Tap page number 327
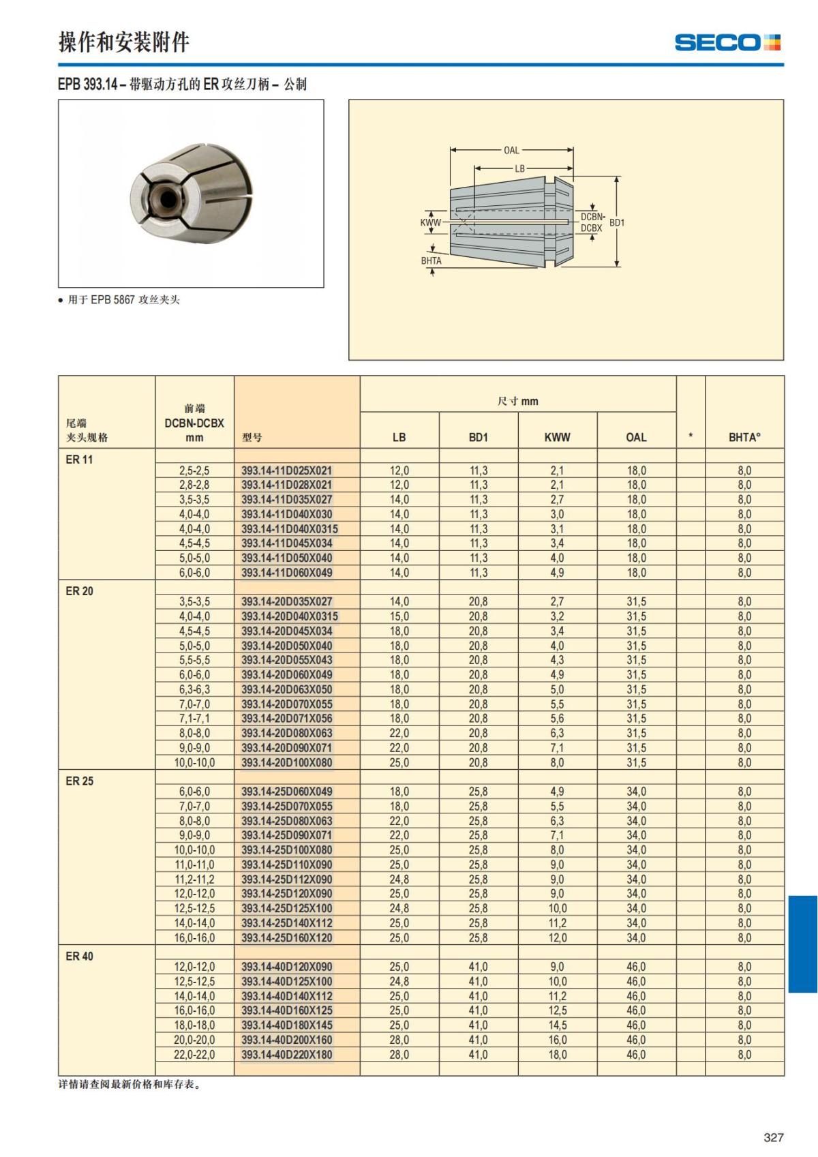pos(774,1137)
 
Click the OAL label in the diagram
pos(511,150)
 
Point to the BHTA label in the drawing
pos(431,260)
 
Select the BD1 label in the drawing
pos(617,222)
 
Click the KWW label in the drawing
pos(431,222)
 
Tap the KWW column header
pos(557,437)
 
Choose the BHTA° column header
pos(744,437)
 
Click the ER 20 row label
pos(80,591)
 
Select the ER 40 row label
pos(80,957)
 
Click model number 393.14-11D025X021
pos(287,470)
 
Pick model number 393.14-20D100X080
pos(287,762)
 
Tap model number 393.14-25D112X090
pos(287,880)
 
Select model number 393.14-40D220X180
pos(287,1055)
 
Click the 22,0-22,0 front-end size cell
pos(194,1055)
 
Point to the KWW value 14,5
pos(557,1025)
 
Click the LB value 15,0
pos(399,616)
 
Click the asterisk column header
pos(691,437)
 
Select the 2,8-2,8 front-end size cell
pos(194,485)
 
